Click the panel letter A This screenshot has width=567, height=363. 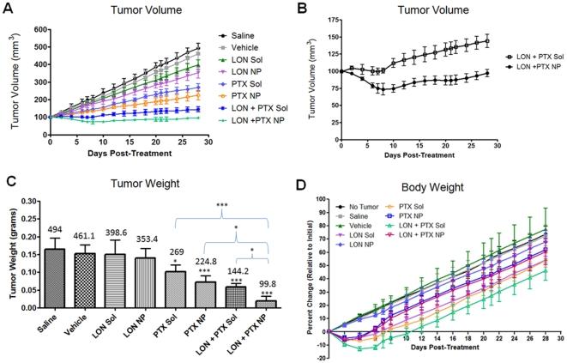pos(6,6)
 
